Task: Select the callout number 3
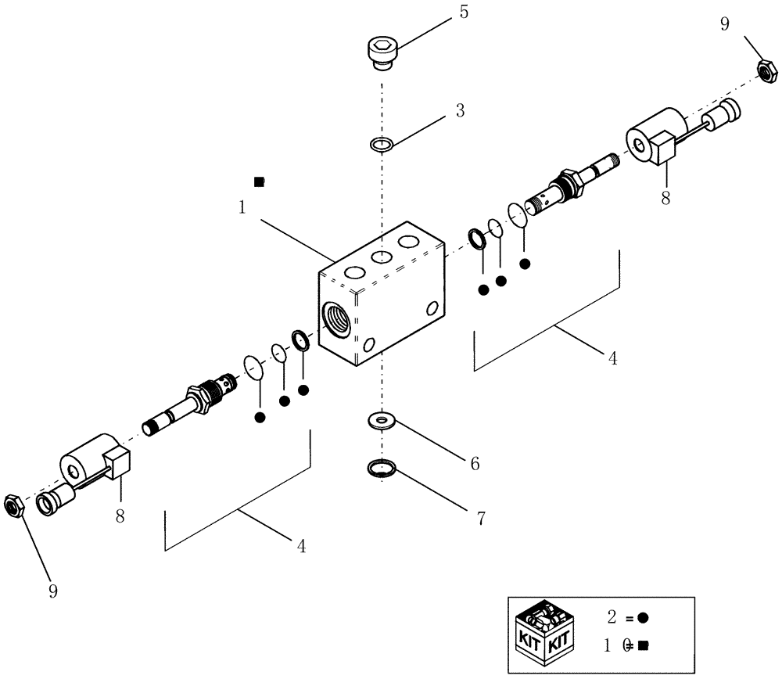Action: pos(461,111)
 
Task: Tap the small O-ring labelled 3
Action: pos(381,144)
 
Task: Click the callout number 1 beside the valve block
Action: pos(243,209)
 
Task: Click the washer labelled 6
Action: pos(381,422)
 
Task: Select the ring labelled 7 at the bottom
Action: pos(382,469)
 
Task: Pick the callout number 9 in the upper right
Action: pos(724,25)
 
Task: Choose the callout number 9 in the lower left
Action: pos(53,591)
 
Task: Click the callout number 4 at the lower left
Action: pos(300,546)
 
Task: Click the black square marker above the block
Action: pos(260,181)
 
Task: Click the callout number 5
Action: pos(464,13)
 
